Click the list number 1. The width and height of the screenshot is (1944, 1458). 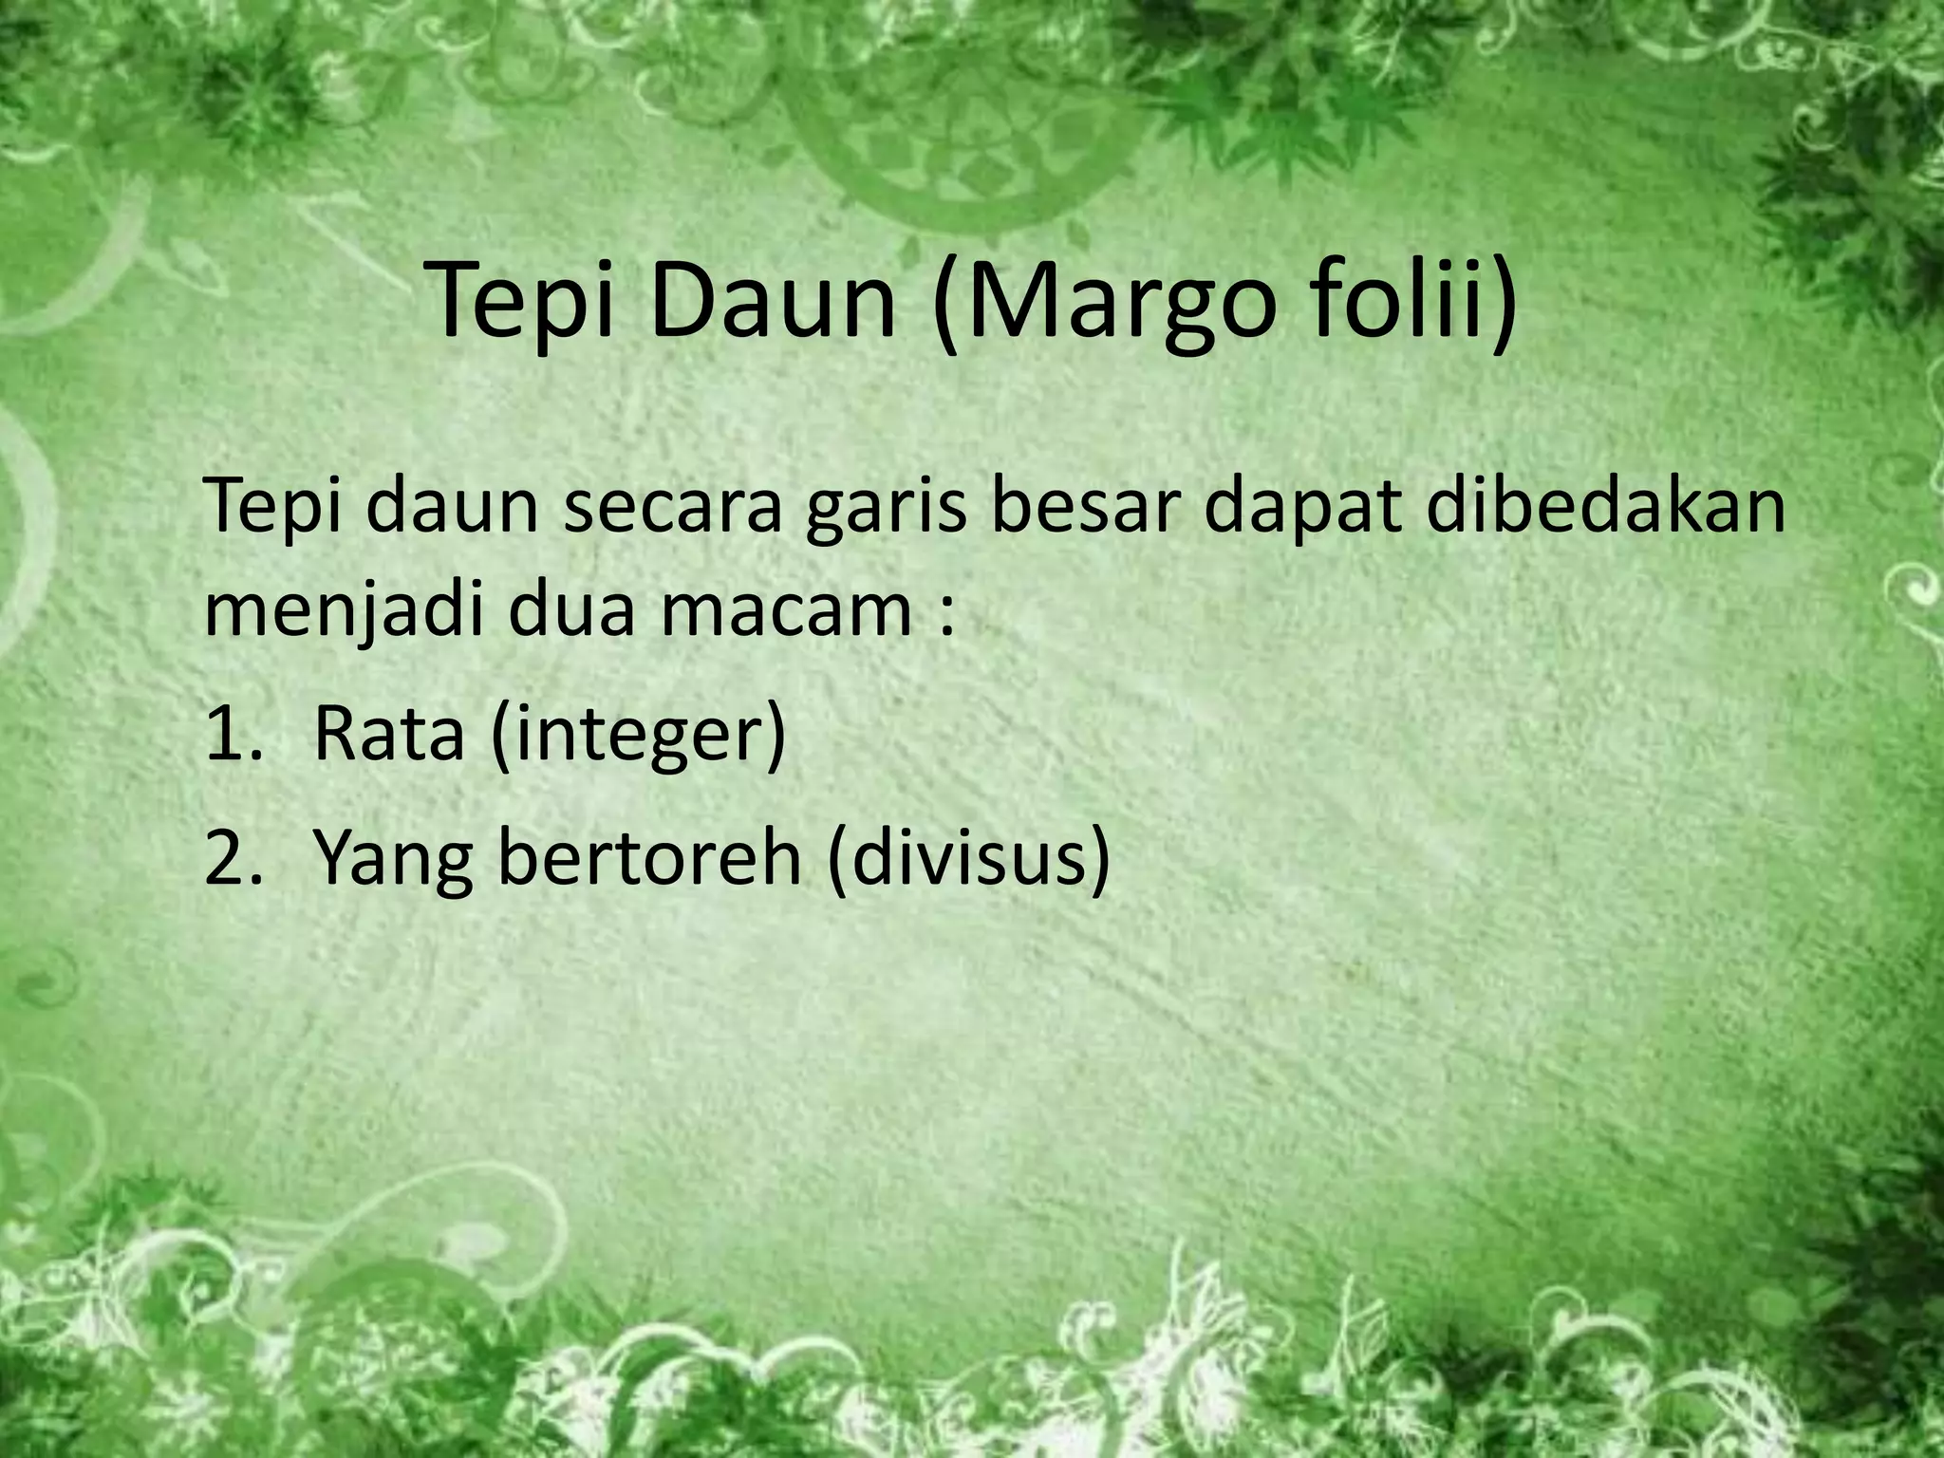(228, 733)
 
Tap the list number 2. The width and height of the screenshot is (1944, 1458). (228, 856)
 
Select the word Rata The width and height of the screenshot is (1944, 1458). (388, 733)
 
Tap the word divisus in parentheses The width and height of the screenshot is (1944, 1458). (967, 856)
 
